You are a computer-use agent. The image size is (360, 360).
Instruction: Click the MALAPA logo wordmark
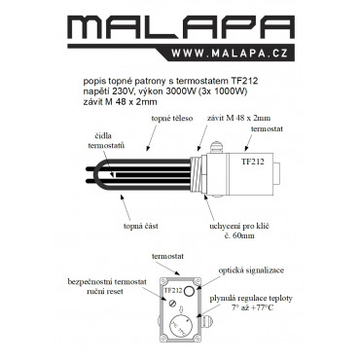(180, 27)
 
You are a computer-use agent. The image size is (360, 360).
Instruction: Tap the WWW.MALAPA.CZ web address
(230, 53)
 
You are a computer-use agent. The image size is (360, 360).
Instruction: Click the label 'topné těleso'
(172, 119)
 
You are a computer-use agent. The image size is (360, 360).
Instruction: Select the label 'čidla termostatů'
(106, 140)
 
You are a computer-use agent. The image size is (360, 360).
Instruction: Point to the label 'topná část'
(140, 226)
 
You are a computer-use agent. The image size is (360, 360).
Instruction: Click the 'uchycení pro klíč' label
(239, 226)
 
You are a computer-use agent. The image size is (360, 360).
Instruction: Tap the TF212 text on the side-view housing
(253, 162)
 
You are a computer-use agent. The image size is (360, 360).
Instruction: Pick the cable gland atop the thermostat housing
(216, 146)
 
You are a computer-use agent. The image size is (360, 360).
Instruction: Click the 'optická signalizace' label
(251, 270)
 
